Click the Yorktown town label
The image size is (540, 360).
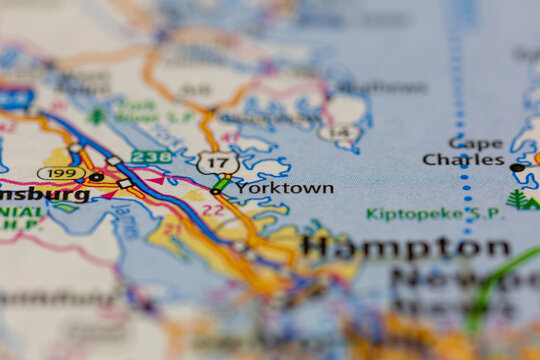285,187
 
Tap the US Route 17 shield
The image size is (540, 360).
217,162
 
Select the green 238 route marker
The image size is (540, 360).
150,157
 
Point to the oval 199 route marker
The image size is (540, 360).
60,173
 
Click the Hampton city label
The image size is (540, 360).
406,247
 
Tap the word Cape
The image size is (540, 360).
476,143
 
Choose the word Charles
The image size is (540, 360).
463,159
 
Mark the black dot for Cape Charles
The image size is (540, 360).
516,167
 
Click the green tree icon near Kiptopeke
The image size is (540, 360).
518,199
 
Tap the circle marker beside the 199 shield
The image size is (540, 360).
96,177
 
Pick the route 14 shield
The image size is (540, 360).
337,132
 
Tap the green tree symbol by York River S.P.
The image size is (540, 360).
97,116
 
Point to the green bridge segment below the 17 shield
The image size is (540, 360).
220,184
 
